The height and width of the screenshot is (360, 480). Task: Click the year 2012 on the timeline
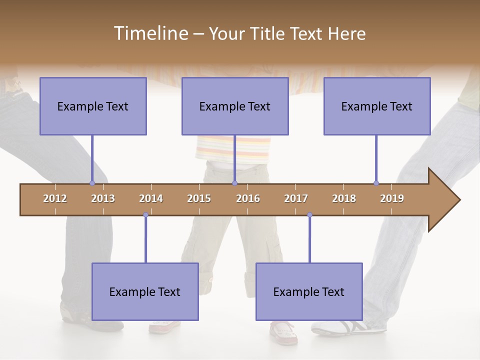click(55, 198)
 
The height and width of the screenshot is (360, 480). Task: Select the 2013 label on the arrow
click(103, 198)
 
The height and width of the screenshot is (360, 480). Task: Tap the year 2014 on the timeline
click(151, 198)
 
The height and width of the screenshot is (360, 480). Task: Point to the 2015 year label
click(199, 198)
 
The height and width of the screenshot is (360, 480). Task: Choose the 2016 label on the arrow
click(248, 198)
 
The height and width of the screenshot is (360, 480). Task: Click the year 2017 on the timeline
click(296, 198)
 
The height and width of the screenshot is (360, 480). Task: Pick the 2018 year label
click(344, 198)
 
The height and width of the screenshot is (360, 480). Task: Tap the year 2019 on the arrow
click(392, 198)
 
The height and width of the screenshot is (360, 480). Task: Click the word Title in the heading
click(267, 33)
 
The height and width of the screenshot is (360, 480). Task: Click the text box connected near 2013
click(93, 106)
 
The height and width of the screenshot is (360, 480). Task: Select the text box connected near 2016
click(235, 106)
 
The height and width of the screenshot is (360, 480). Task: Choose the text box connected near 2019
click(377, 106)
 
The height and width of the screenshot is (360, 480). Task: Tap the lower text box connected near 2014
click(145, 291)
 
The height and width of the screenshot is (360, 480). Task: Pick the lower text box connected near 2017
click(309, 291)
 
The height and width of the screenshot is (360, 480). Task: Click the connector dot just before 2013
click(92, 183)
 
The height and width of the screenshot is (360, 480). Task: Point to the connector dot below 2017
click(309, 215)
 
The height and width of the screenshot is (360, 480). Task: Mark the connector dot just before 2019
click(376, 183)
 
